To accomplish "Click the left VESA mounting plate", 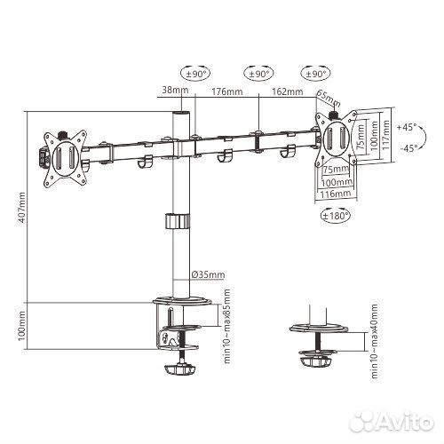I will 64,158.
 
